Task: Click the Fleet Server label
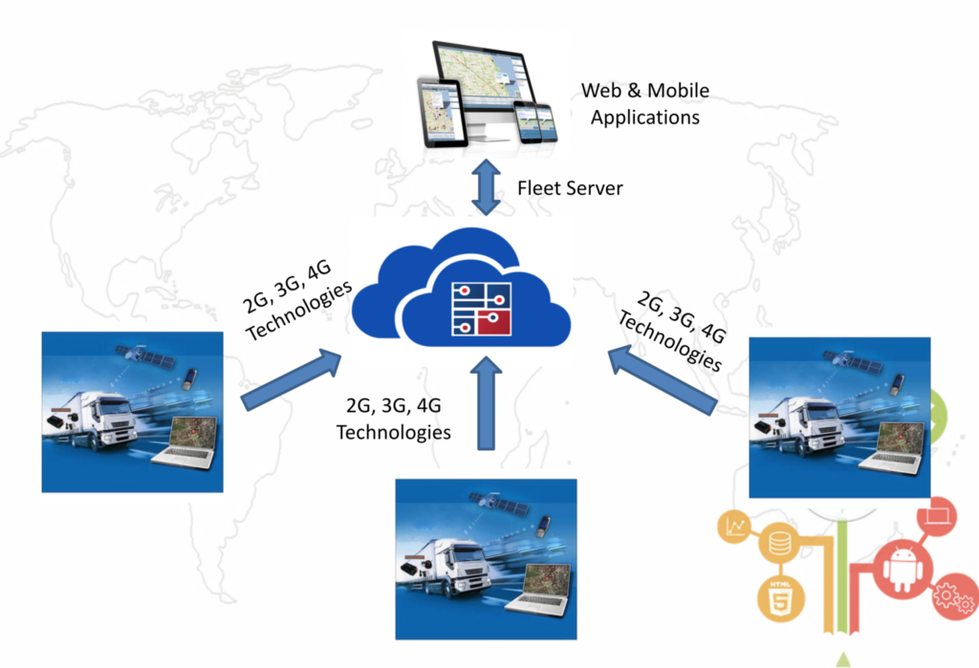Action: (570, 188)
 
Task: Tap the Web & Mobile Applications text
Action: (645, 104)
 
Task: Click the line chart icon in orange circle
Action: (737, 527)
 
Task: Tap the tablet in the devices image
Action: (439, 111)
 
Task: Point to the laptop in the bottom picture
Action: (540, 589)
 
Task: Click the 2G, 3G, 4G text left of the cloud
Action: (296, 300)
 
